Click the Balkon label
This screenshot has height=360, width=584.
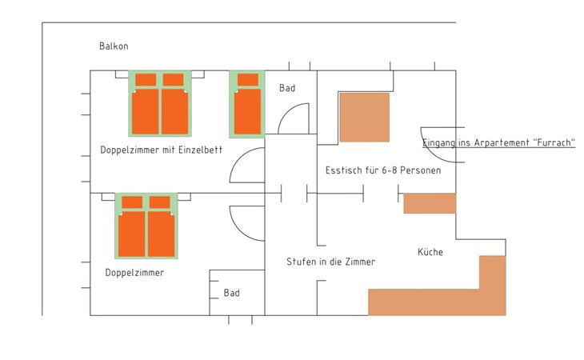tap(114, 46)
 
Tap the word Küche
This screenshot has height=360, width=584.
tap(430, 252)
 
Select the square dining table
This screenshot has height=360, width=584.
tap(364, 118)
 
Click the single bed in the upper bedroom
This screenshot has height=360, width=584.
tap(247, 104)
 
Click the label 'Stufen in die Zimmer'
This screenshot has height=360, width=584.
tap(330, 262)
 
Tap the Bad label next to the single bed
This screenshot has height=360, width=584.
tap(287, 88)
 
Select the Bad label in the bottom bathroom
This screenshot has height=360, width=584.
tap(232, 293)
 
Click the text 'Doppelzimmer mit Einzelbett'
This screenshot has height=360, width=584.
tap(162, 150)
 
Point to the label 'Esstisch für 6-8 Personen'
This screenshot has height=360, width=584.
tap(383, 170)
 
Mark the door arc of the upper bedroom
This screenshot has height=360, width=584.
tap(238, 159)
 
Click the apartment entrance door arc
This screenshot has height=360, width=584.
tap(431, 150)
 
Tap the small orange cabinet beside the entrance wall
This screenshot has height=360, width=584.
tap(430, 203)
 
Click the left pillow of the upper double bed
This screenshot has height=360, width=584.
tap(146, 80)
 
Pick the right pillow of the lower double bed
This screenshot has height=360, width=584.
tap(160, 202)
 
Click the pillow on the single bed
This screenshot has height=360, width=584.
tap(248, 80)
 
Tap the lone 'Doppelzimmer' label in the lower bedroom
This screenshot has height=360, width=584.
tap(134, 273)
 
